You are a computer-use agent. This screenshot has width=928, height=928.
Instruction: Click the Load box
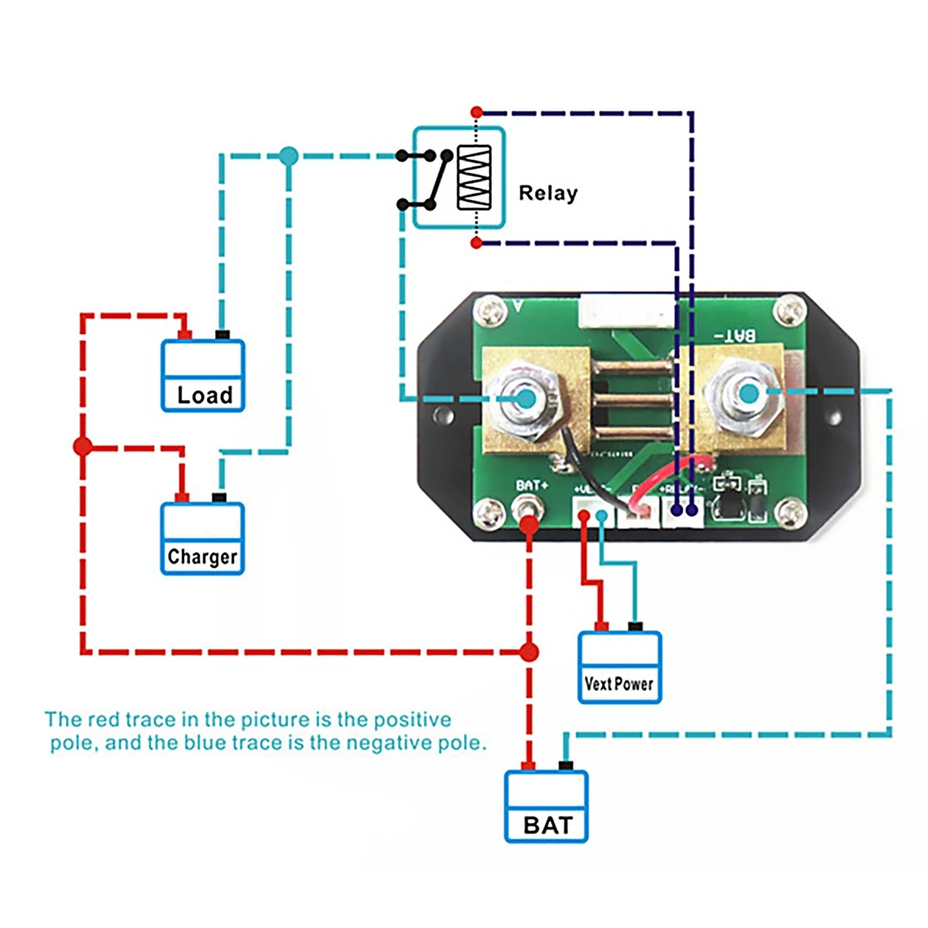pyautogui.click(x=202, y=376)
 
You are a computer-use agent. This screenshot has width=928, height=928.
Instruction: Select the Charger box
pyautogui.click(x=202, y=539)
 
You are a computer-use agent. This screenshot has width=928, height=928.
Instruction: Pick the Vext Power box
pyautogui.click(x=619, y=667)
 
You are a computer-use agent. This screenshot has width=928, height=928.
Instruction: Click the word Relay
pyautogui.click(x=548, y=193)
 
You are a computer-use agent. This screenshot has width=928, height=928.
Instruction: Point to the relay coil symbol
pyautogui.click(x=474, y=177)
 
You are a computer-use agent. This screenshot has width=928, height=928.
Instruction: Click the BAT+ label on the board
pyautogui.click(x=532, y=485)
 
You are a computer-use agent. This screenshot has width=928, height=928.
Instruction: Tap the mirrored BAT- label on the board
pyautogui.click(x=736, y=336)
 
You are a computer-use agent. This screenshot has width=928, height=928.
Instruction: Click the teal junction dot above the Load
pyautogui.click(x=289, y=156)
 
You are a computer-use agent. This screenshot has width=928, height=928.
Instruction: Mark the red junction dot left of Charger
pyautogui.click(x=83, y=446)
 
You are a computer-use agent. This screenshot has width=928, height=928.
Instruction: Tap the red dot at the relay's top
pyautogui.click(x=477, y=111)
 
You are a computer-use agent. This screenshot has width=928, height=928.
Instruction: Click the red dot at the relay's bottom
pyautogui.click(x=477, y=243)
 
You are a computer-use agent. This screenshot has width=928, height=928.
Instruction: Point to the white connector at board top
pyautogui.click(x=626, y=316)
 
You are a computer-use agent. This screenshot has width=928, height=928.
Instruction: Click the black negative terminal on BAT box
pyautogui.click(x=566, y=766)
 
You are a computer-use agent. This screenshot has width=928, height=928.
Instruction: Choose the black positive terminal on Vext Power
pyautogui.click(x=635, y=626)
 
